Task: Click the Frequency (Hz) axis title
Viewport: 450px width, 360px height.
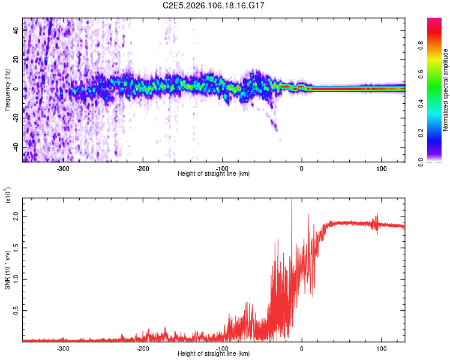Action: coord(7,89)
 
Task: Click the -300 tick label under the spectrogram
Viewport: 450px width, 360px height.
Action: coord(64,169)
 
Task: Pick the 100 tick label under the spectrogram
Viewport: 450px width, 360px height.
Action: coord(381,169)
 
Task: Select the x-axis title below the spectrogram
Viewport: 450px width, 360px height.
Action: coord(214,174)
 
